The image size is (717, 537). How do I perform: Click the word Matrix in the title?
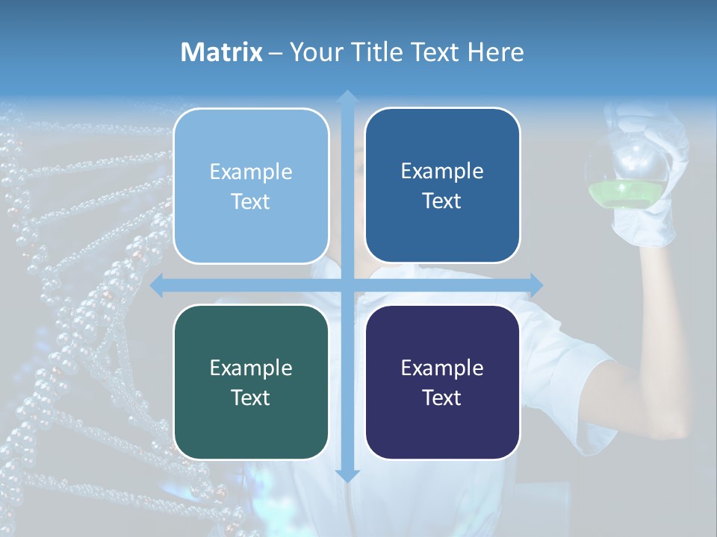point(222,52)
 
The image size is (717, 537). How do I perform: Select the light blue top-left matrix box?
point(251,186)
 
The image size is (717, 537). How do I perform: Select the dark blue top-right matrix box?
point(442,185)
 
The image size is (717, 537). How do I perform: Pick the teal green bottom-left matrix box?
point(251,382)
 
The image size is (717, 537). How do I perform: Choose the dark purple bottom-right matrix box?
point(442,382)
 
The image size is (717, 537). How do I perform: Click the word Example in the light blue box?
point(251,172)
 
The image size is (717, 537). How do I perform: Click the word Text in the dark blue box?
point(442,201)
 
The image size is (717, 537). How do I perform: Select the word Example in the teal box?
point(251,368)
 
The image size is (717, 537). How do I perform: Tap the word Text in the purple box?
point(442,398)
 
